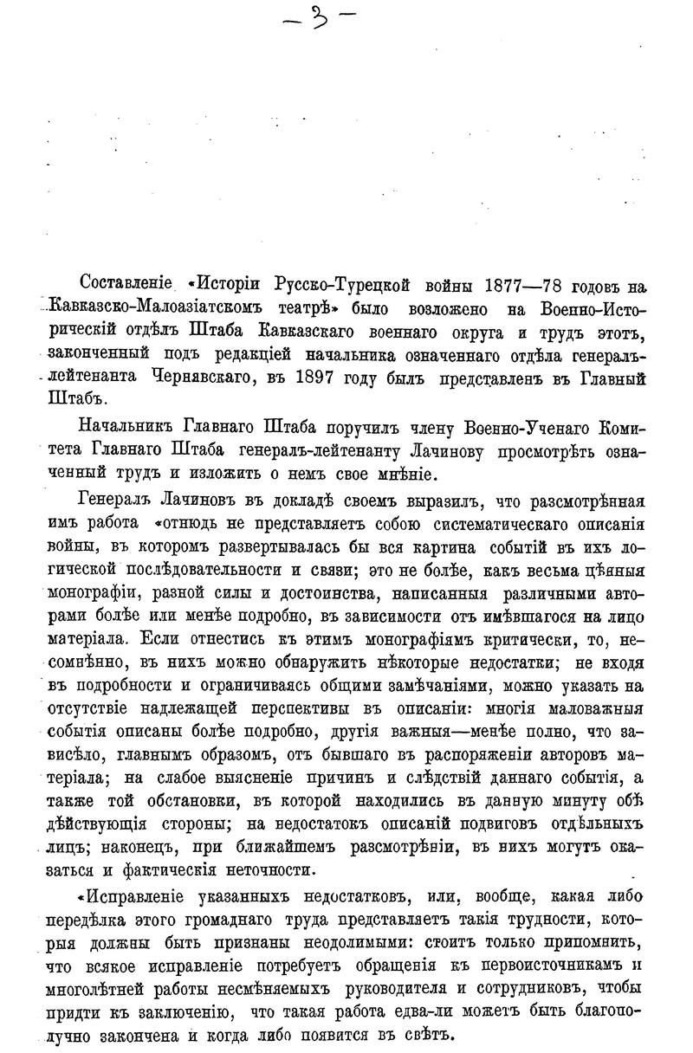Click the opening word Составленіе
pyautogui.click(x=125, y=284)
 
